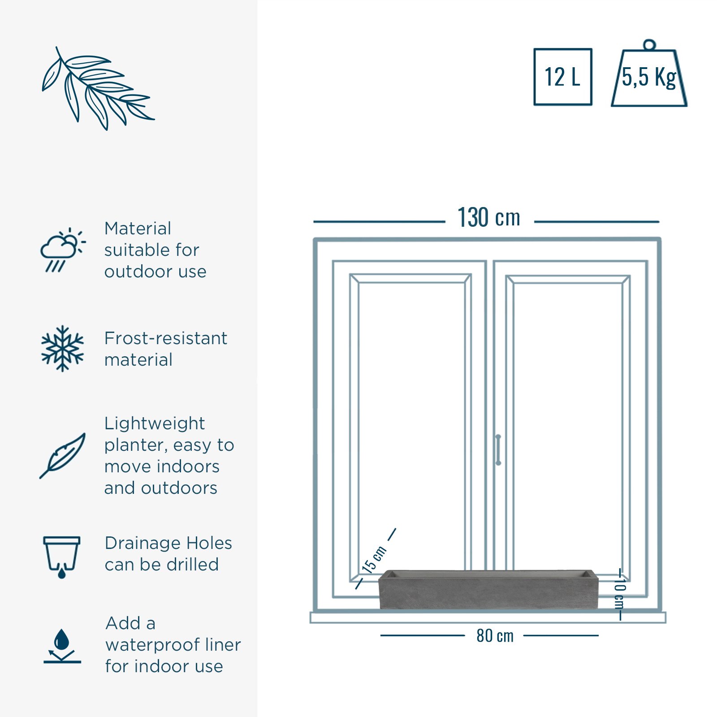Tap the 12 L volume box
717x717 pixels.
point(563,77)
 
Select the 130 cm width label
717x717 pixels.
point(489,218)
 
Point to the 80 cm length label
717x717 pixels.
point(495,635)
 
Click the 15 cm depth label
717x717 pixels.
point(374,560)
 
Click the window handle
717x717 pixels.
point(498,449)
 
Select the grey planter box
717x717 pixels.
point(488,589)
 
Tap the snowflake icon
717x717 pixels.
point(62,349)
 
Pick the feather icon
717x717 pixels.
point(63,455)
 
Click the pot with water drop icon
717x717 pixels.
point(62,557)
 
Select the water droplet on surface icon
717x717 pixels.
point(62,646)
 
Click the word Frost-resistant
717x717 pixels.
point(166,338)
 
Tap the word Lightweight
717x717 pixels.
point(155,424)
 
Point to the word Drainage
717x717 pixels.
point(143,544)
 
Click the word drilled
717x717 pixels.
point(192,565)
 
